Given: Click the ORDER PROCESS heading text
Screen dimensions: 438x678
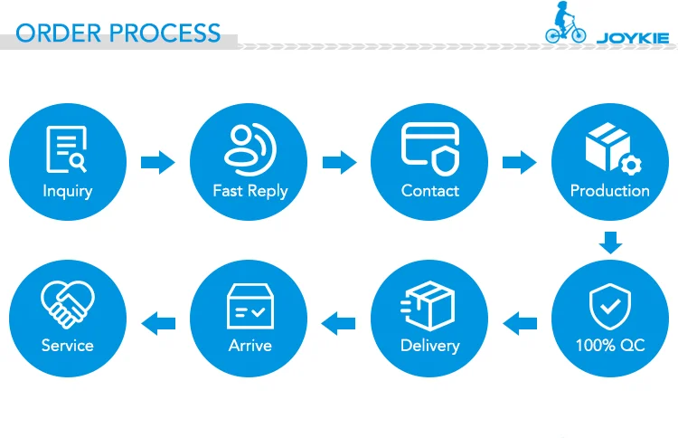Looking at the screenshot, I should (118, 33).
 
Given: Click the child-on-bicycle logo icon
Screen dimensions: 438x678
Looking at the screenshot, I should (565, 24).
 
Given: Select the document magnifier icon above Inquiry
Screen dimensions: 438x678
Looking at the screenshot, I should (67, 149).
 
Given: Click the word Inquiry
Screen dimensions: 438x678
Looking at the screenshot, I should (68, 191).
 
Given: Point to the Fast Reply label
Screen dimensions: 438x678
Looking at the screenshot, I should (250, 191).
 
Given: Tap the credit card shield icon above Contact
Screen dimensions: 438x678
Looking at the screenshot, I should (430, 148).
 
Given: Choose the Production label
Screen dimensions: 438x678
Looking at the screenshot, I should (610, 191).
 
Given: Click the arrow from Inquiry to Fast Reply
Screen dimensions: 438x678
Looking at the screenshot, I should (158, 163).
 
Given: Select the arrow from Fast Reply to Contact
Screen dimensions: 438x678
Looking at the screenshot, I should (339, 163).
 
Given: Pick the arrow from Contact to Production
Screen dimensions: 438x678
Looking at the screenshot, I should (519, 163).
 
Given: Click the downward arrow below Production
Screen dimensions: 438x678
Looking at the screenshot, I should (611, 242).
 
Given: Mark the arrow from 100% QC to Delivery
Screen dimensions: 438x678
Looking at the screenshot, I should (520, 320).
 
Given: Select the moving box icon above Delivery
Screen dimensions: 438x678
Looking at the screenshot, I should (429, 304).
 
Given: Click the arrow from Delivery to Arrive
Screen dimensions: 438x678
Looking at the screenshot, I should (339, 320).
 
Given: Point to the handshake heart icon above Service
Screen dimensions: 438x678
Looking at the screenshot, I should (68, 304).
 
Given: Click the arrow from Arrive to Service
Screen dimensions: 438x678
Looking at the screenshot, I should (158, 320).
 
